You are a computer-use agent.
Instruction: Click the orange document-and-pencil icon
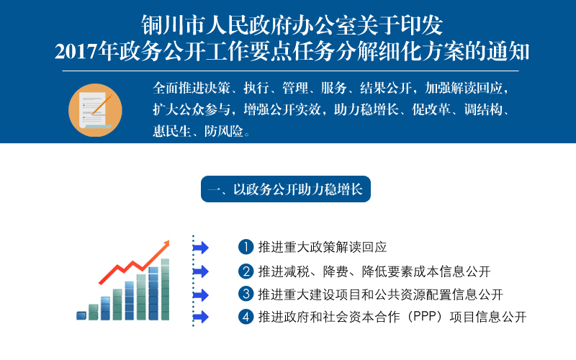click(x=95, y=110)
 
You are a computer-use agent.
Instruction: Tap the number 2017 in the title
click(x=76, y=51)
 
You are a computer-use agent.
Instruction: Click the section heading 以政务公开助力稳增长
click(x=298, y=189)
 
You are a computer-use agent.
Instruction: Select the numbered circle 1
click(x=246, y=247)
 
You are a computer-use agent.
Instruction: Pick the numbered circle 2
click(x=246, y=271)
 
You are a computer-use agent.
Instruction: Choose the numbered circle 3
click(x=246, y=294)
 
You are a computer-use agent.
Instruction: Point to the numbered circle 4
click(x=246, y=317)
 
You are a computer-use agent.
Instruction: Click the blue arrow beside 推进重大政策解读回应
click(x=201, y=248)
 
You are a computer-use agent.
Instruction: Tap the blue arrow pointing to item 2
click(x=201, y=271)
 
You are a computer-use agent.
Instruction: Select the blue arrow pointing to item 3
click(x=201, y=295)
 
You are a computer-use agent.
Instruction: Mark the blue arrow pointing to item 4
click(x=201, y=317)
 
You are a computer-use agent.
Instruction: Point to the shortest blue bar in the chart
click(x=81, y=315)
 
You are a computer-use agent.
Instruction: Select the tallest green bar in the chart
click(x=166, y=289)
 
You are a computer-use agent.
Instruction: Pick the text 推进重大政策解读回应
click(x=323, y=247)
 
